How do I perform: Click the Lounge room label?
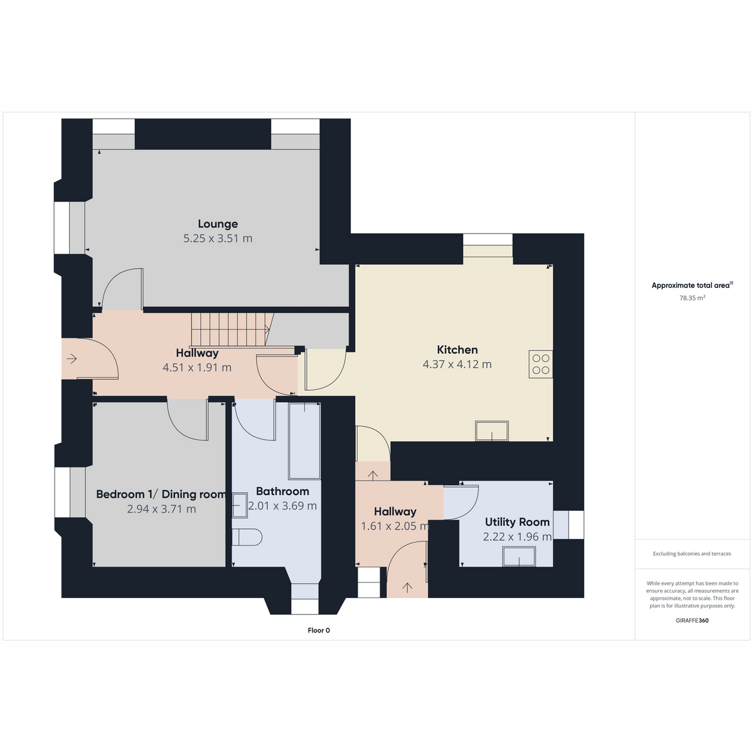pos(218,224)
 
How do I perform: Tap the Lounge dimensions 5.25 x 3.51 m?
pos(218,238)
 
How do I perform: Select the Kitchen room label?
pos(457,350)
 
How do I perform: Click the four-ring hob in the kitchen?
pos(540,364)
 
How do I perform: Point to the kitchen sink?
pos(491,431)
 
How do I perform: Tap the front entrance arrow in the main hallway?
pos(72,358)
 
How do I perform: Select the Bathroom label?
pos(282,491)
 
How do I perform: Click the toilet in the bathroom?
pos(247,537)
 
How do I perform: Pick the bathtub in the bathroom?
pos(304,441)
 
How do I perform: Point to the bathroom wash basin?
pos(240,505)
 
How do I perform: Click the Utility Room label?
pos(517,522)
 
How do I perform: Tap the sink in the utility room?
pos(519,557)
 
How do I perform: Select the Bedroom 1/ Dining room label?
pos(161,494)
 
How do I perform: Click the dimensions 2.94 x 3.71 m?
pos(161,509)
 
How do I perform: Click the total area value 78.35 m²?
pos(692,298)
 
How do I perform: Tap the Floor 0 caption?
pos(319,630)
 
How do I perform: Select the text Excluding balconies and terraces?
pos(692,553)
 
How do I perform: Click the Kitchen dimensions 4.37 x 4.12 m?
pos(457,364)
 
